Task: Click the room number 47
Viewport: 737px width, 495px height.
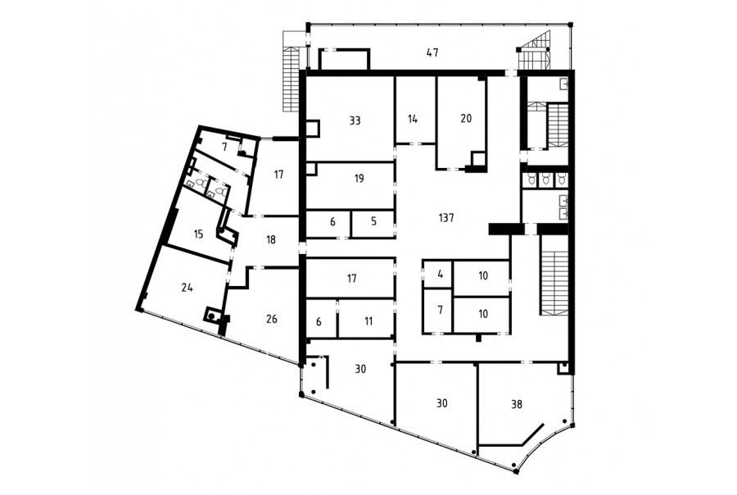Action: tap(432, 52)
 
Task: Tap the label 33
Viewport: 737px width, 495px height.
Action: tap(355, 120)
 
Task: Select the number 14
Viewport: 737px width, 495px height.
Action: tap(413, 119)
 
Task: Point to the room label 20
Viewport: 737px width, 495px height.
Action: tap(466, 118)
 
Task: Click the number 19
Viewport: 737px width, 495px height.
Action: tap(359, 179)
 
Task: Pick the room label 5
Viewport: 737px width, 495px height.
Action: tap(373, 221)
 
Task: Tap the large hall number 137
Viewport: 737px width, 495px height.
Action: tap(446, 218)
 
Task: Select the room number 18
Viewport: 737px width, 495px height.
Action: tap(271, 239)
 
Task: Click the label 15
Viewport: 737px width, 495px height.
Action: tap(198, 234)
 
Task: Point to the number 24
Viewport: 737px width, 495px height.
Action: tap(187, 287)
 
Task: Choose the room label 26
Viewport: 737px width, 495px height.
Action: tap(272, 319)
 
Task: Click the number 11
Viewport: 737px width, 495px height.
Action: tap(368, 321)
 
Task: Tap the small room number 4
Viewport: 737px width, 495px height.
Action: tap(441, 274)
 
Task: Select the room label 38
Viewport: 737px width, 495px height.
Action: tap(516, 404)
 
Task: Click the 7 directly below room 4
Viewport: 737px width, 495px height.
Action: tap(440, 311)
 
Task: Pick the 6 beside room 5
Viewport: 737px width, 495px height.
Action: tap(332, 221)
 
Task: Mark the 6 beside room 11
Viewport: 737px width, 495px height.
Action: tap(319, 322)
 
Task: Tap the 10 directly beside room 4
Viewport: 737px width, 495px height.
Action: tap(483, 275)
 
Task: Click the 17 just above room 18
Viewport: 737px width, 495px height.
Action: tap(278, 175)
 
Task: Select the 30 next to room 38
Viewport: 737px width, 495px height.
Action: tap(442, 403)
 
